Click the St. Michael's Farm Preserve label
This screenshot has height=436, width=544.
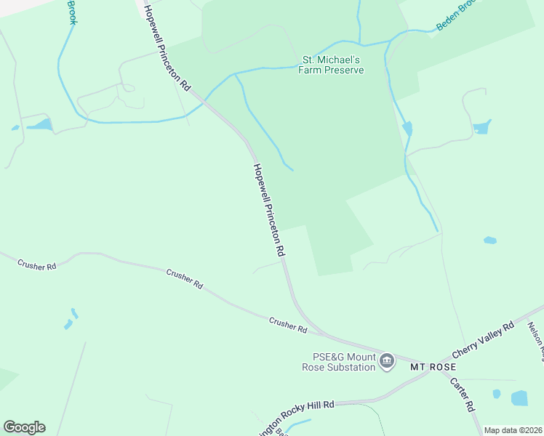click(332, 65)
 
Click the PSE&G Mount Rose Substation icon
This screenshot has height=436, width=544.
click(387, 361)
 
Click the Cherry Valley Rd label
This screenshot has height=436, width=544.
click(484, 339)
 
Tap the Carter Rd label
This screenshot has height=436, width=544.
click(462, 394)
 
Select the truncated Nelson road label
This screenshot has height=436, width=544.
click(535, 340)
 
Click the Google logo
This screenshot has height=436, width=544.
click(24, 427)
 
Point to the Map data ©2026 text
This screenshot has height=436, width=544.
click(513, 430)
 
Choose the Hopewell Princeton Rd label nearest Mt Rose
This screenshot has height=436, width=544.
click(268, 209)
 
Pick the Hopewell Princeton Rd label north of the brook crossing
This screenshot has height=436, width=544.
click(167, 47)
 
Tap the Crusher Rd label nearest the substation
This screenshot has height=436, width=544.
click(287, 325)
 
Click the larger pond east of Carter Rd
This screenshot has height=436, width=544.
click(519, 397)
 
